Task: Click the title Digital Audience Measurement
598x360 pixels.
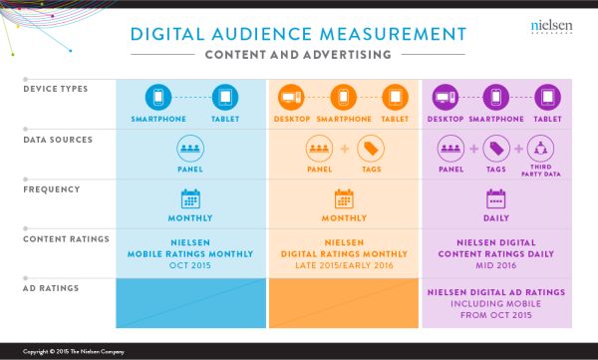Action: (299, 35)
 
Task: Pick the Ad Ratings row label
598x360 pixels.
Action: (49, 288)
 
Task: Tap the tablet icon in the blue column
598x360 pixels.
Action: (225, 97)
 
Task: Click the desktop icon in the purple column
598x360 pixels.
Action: (445, 97)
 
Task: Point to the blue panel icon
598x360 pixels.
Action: (190, 149)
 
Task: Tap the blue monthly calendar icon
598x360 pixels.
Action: (190, 198)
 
